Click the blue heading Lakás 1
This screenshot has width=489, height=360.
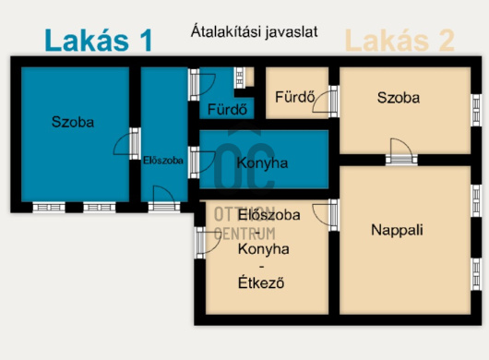(99, 41)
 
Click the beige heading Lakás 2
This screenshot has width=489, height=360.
(400, 41)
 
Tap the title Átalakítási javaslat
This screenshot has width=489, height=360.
(254, 32)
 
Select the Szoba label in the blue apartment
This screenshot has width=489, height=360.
(73, 122)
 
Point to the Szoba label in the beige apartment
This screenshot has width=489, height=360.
(399, 98)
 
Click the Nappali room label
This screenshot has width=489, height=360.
(397, 230)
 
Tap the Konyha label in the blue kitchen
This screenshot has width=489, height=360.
(262, 163)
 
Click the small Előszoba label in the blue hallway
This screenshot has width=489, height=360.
(162, 161)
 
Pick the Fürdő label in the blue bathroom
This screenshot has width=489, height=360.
(227, 109)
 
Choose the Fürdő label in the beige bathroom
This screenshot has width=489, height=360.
(295, 97)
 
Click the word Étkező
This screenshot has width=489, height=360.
(261, 283)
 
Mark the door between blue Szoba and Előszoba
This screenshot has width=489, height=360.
(127, 143)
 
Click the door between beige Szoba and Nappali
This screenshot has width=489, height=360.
(401, 152)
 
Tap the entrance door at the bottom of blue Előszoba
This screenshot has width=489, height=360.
(164, 199)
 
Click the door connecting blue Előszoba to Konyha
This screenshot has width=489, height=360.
(202, 162)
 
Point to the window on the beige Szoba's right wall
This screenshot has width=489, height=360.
(476, 110)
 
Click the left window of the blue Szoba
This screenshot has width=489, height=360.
(49, 208)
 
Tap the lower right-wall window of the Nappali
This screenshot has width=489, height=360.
(476, 274)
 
